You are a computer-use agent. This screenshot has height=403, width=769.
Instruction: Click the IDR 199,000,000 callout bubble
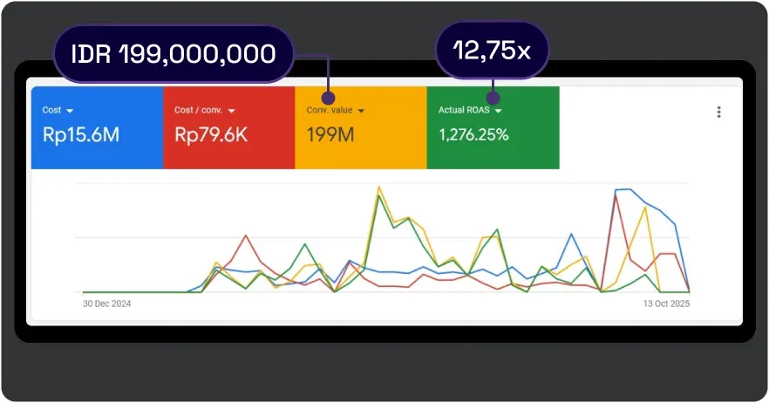click(173, 54)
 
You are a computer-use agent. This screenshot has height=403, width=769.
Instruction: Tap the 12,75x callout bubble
click(492, 51)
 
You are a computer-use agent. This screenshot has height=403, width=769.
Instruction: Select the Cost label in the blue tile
click(51, 111)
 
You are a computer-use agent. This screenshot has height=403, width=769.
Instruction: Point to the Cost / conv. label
click(198, 111)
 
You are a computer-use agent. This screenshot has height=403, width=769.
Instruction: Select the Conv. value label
click(329, 111)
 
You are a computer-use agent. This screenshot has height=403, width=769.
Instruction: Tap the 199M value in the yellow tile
click(330, 135)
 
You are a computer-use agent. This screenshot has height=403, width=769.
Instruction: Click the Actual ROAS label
click(464, 111)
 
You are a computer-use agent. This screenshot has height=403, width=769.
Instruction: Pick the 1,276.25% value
click(474, 135)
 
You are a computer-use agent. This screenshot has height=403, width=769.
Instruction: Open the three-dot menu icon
click(718, 112)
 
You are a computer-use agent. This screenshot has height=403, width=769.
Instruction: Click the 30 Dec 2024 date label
click(106, 304)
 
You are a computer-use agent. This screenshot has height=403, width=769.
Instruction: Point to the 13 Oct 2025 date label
click(666, 304)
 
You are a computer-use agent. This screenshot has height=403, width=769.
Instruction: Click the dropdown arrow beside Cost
click(70, 111)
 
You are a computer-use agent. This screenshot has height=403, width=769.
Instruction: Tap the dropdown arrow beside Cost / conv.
click(231, 111)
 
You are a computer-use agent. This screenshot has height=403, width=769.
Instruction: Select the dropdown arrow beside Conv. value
click(361, 111)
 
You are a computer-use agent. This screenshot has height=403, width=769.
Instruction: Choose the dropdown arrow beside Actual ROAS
click(498, 111)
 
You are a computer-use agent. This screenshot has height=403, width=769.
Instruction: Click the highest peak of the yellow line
click(379, 187)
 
